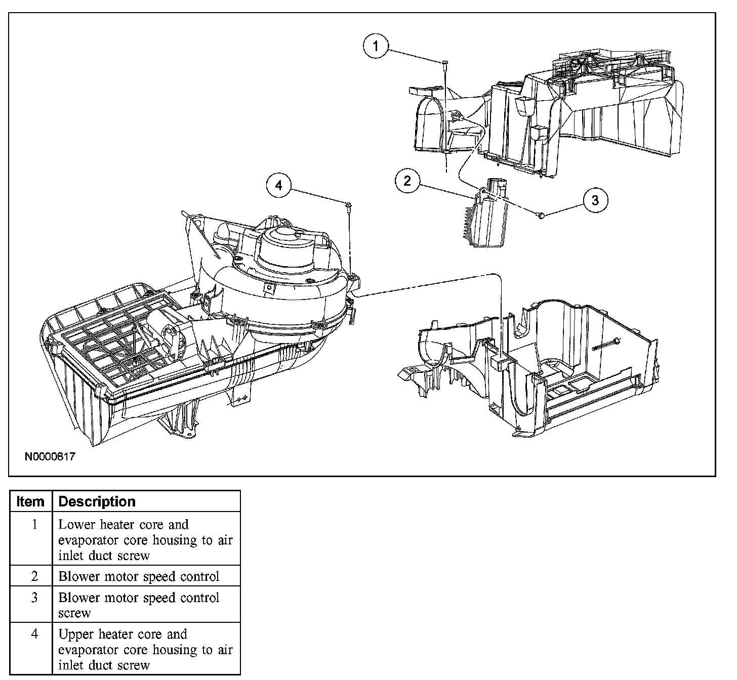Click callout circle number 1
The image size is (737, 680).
[376, 46]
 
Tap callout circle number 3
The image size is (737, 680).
[595, 200]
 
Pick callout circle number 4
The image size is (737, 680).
[279, 186]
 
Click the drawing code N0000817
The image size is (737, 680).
[50, 457]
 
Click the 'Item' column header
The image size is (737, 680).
[30, 501]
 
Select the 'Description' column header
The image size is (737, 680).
[97, 501]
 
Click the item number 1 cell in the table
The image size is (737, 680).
[34, 525]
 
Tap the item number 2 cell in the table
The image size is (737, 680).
[34, 576]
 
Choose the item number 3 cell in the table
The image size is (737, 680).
[34, 598]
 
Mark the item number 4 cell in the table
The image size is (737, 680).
[34, 634]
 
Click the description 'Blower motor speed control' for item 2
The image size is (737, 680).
[139, 576]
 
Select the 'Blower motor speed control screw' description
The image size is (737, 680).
[139, 605]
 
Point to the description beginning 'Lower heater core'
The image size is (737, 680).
[145, 540]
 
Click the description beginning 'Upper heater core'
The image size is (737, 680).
[145, 649]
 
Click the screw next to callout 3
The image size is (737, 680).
[540, 216]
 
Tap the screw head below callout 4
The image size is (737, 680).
[349, 204]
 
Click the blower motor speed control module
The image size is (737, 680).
[487, 218]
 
